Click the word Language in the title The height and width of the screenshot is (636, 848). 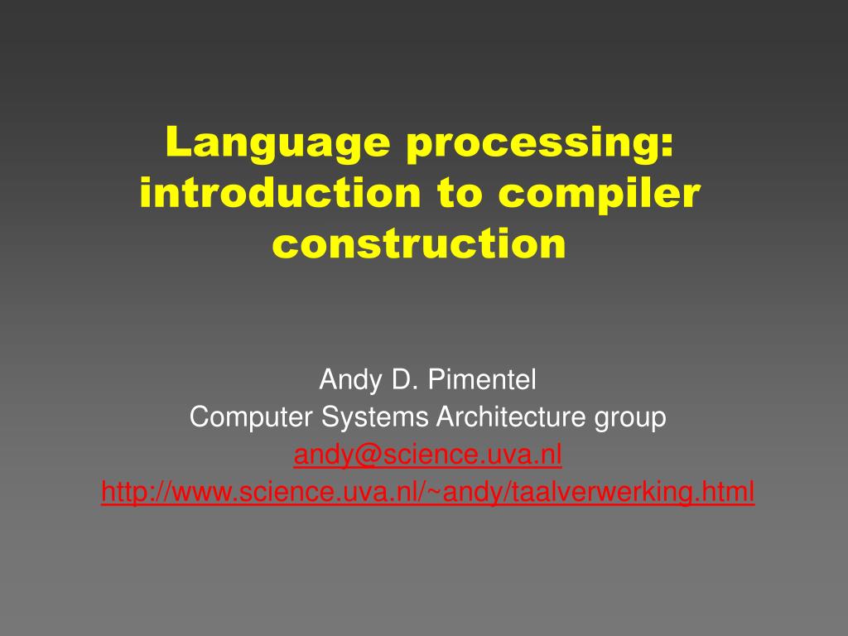277,142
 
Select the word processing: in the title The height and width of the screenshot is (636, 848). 540,142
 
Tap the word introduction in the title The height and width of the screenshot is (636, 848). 280,192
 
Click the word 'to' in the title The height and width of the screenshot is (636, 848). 460,194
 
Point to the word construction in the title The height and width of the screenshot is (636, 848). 419,243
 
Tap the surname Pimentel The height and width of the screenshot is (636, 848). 482,379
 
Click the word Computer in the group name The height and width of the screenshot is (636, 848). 251,418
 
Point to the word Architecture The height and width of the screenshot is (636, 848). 511,417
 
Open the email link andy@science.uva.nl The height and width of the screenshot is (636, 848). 428,455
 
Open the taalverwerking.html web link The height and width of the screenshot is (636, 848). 428,493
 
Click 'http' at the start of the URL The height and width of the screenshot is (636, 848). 123,492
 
